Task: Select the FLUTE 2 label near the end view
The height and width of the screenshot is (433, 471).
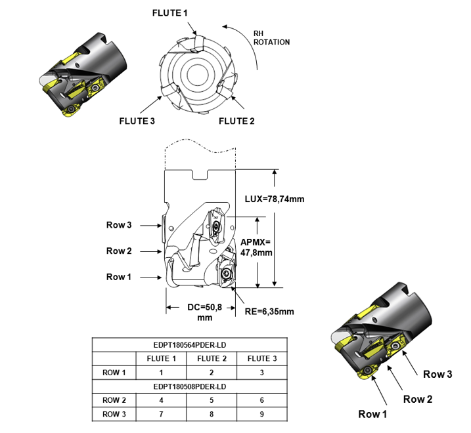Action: point(236,121)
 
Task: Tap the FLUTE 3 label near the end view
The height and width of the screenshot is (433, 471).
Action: point(137,121)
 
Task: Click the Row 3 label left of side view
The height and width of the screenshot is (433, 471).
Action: point(120,225)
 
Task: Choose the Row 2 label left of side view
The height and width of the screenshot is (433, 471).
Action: point(120,251)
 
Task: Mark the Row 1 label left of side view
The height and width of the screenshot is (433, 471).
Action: point(120,277)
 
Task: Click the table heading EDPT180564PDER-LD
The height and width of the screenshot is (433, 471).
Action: point(189,344)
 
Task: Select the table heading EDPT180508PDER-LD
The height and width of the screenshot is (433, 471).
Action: point(189,386)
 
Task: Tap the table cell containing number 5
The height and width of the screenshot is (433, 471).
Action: point(212,400)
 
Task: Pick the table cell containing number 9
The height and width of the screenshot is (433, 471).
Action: point(261,414)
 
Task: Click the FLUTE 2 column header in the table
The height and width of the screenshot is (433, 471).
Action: point(212,358)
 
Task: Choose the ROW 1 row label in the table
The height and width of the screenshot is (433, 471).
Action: point(114,372)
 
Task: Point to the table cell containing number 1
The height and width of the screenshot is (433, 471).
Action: point(162,372)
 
